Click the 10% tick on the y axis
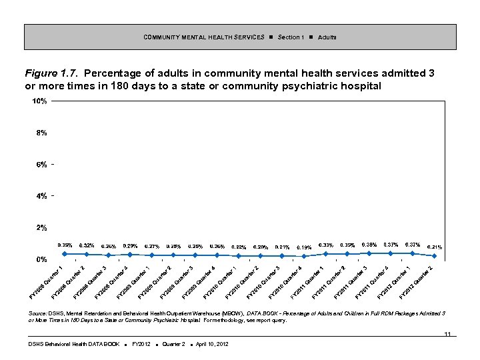[x=39, y=101]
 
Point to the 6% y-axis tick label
[x=41, y=165]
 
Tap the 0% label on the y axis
[x=41, y=259]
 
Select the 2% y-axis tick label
[x=41, y=228]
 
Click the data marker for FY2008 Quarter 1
[x=65, y=253]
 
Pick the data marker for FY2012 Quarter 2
[x=434, y=256]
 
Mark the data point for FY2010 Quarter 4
[x=304, y=256]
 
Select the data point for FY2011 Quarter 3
[x=369, y=253]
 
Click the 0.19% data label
[x=304, y=247]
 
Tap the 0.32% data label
[x=87, y=245]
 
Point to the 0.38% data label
[x=369, y=245]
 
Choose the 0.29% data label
[x=130, y=246]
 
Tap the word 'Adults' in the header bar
[x=327, y=37]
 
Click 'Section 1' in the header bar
[x=291, y=37]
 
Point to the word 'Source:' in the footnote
[x=37, y=313]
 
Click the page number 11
[x=447, y=333]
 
